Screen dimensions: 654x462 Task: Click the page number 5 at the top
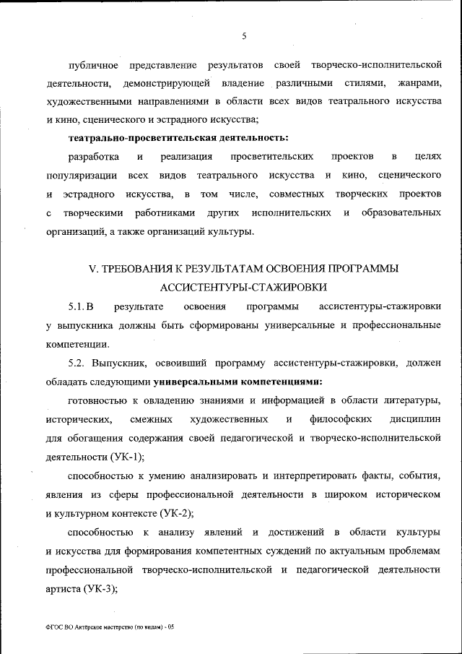[x=244, y=35]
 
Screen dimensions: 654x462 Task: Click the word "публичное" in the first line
[x=94, y=66]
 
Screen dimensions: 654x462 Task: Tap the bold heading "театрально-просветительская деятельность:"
[x=178, y=137]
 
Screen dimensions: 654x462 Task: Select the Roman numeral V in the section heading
[x=92, y=269]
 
